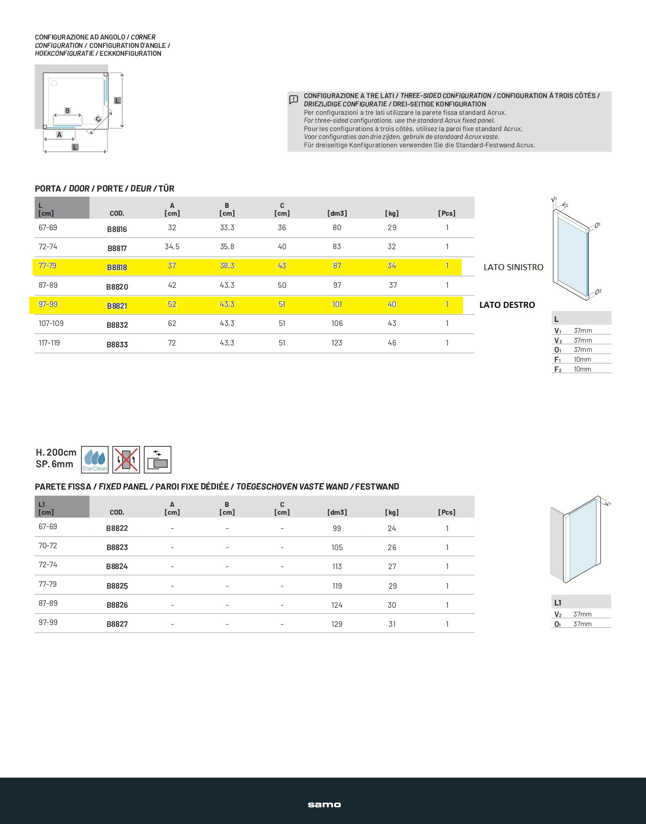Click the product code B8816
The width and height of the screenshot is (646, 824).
[117, 229]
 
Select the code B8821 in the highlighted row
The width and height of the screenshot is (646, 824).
[117, 306]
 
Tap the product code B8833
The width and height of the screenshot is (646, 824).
[117, 345]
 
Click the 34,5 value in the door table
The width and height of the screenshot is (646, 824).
[172, 246]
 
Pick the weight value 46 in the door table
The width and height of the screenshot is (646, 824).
[392, 343]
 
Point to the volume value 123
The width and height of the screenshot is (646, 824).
[336, 343]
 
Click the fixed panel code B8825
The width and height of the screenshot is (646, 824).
[117, 586]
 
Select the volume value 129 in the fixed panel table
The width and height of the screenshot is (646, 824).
[336, 624]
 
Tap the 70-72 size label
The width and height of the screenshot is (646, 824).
[47, 545]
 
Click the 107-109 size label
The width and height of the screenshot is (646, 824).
[51, 323]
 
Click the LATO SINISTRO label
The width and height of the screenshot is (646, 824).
[513, 267]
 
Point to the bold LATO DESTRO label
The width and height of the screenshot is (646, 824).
[507, 305]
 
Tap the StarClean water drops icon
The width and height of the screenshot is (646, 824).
[94, 459]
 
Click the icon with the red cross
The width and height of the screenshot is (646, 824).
[126, 459]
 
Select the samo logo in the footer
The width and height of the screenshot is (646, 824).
[324, 804]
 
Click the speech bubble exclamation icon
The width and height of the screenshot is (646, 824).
[294, 100]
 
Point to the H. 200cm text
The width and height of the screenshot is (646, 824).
[56, 452]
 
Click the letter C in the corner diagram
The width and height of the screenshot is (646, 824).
[98, 119]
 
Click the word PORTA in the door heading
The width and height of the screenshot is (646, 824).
[48, 188]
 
